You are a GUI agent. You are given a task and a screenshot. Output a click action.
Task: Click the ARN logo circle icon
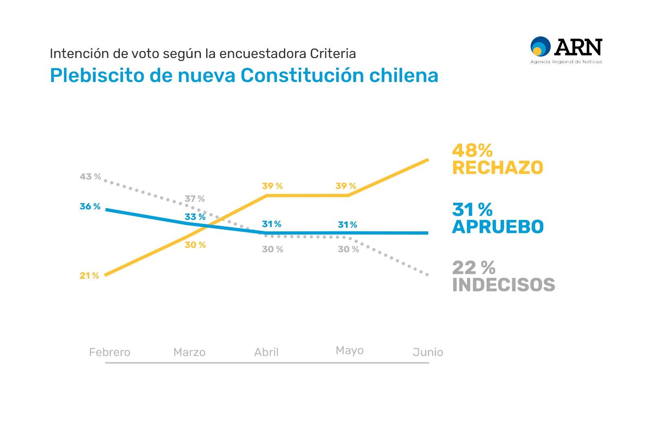pyautogui.click(x=540, y=46)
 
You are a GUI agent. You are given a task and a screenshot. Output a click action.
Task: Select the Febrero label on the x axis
pyautogui.click(x=110, y=352)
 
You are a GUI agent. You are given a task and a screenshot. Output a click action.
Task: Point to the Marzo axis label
pyautogui.click(x=189, y=352)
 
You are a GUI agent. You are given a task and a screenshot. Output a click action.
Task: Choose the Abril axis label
pyautogui.click(x=266, y=352)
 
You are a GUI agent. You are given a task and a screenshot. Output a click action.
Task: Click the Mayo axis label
pyautogui.click(x=350, y=351)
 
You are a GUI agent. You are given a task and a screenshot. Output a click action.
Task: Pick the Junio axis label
pyautogui.click(x=427, y=352)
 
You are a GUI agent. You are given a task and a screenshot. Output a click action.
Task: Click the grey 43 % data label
pyautogui.click(x=90, y=177)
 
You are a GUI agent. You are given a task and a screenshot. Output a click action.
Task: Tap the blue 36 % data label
pyautogui.click(x=90, y=206)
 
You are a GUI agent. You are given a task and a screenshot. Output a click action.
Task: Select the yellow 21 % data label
pyautogui.click(x=89, y=276)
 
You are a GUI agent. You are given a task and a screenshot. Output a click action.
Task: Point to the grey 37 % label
pyautogui.click(x=194, y=199)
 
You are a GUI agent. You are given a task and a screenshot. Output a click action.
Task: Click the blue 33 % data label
pyautogui.click(x=195, y=217)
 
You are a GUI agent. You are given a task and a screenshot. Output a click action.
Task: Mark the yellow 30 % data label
pyautogui.click(x=195, y=245)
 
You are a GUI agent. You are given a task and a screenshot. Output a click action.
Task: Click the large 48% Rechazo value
pyautogui.click(x=472, y=151)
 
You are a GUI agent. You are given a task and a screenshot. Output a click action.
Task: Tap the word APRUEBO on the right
pyautogui.click(x=498, y=227)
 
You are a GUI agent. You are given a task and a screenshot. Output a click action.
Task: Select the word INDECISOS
pyautogui.click(x=503, y=285)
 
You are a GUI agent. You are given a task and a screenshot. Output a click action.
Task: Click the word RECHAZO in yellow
pyautogui.click(x=498, y=168)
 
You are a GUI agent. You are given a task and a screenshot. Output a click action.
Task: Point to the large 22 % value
pyautogui.click(x=474, y=268)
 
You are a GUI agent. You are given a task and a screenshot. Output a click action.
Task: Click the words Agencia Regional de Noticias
pyautogui.click(x=566, y=62)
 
